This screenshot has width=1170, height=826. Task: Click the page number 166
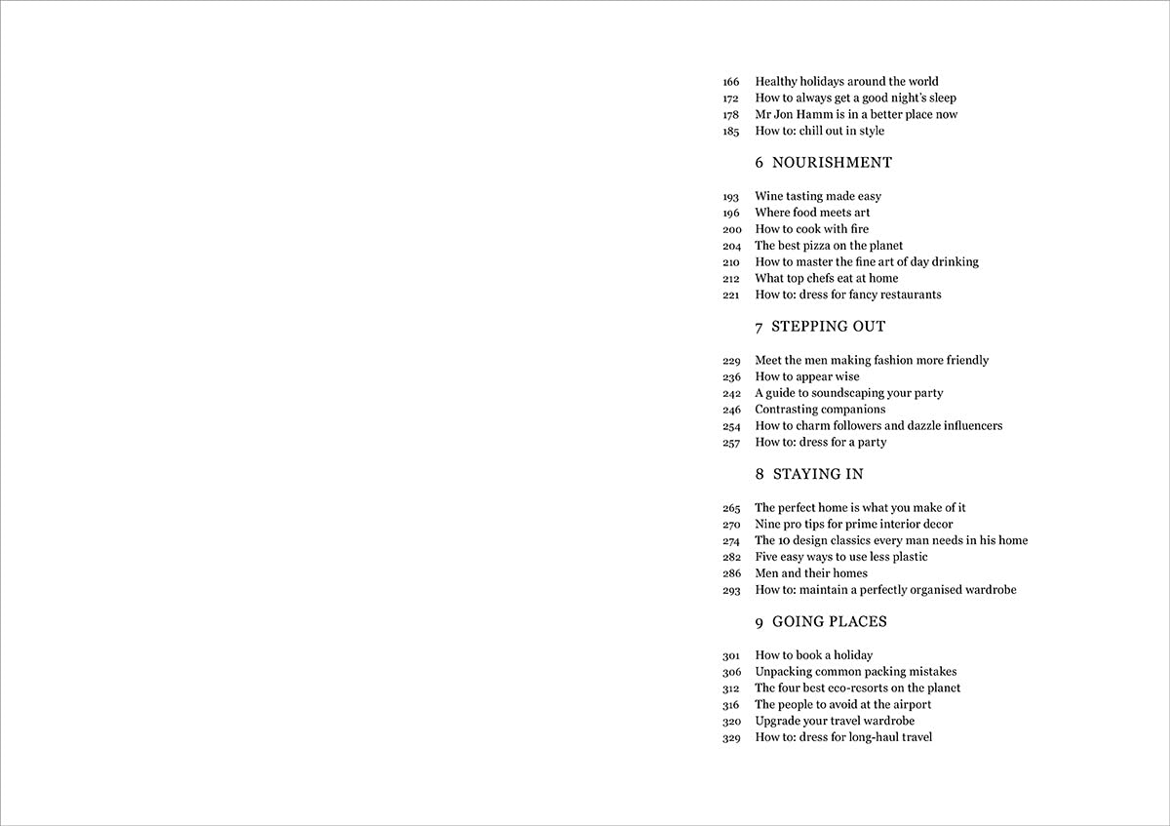(x=731, y=82)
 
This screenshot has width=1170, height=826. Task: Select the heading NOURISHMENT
(x=832, y=163)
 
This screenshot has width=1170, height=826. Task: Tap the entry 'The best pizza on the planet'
(x=829, y=246)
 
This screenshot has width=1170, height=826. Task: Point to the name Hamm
(x=817, y=114)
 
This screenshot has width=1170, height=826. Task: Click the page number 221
(x=731, y=295)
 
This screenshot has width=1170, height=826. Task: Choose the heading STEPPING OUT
(x=828, y=327)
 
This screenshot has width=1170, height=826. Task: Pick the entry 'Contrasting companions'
(x=820, y=410)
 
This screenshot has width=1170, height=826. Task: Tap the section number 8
(x=760, y=475)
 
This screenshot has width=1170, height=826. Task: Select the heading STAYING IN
(x=818, y=475)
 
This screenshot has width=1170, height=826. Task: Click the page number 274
(x=731, y=541)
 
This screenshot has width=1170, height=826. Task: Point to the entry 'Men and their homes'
(x=811, y=573)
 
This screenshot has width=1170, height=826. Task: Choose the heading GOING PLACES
(x=830, y=622)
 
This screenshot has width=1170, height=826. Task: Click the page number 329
(x=731, y=738)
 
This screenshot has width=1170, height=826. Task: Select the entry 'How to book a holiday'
(x=814, y=655)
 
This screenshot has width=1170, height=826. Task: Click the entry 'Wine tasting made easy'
(x=818, y=196)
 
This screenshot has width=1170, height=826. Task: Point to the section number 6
(x=760, y=163)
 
